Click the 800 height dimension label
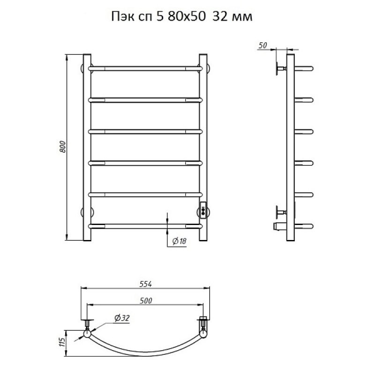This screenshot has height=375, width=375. [x=63, y=147]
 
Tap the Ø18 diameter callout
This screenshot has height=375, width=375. [x=180, y=241]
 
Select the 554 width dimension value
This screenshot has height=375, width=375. [x=146, y=284]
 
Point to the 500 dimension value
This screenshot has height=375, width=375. [x=146, y=300]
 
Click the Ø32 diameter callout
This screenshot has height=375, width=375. [x=122, y=318]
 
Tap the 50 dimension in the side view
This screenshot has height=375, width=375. [x=262, y=45]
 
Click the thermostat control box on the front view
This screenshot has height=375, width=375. [x=203, y=210]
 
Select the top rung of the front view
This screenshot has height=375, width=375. [x=145, y=68]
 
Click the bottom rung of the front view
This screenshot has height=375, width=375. [x=145, y=226]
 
